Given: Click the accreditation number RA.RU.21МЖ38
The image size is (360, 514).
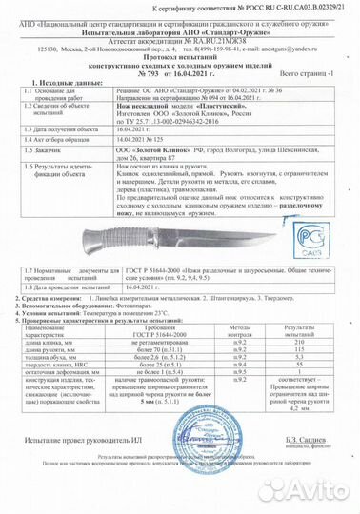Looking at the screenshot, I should (x=219, y=36).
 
